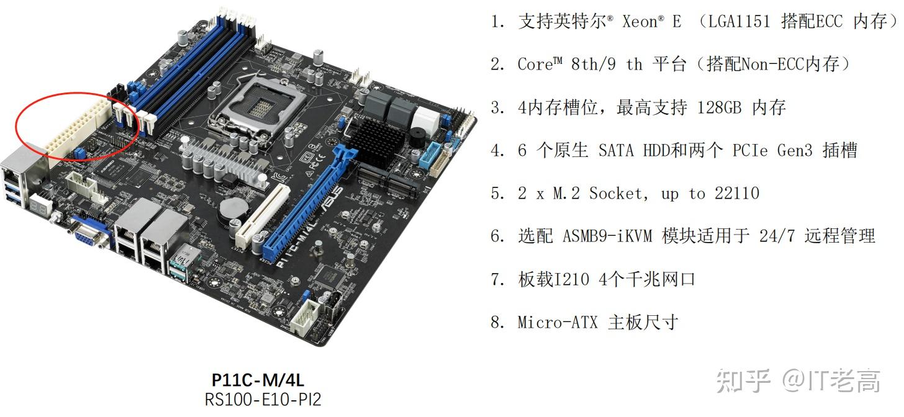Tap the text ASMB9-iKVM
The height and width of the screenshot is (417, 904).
[607, 236]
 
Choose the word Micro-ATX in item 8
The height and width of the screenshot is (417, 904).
[557, 323]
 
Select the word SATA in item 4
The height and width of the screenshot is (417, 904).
[617, 151]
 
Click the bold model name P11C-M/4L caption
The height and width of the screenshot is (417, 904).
[258, 380]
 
